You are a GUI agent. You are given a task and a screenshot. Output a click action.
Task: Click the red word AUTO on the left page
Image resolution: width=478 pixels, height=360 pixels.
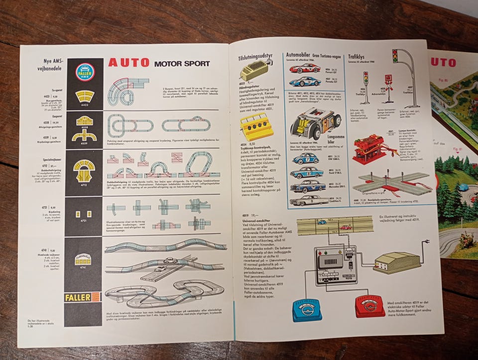tap(128, 63)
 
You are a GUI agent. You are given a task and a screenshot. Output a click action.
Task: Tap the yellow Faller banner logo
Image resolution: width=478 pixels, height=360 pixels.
tap(83, 297)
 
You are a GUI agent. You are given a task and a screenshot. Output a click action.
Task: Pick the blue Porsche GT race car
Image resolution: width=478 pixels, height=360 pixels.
tap(305, 81)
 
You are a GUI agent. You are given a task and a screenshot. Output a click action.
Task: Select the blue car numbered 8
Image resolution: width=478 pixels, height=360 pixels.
tap(306, 173)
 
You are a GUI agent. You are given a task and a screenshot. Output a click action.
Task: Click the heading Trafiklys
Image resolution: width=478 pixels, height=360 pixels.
tap(359, 56)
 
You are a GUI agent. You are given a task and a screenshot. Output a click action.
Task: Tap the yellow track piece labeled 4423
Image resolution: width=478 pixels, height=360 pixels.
tap(84, 96)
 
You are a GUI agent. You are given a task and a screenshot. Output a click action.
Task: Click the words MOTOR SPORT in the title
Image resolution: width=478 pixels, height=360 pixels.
tap(185, 64)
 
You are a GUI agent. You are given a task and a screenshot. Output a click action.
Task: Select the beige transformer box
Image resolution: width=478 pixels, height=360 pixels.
tap(396, 262)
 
